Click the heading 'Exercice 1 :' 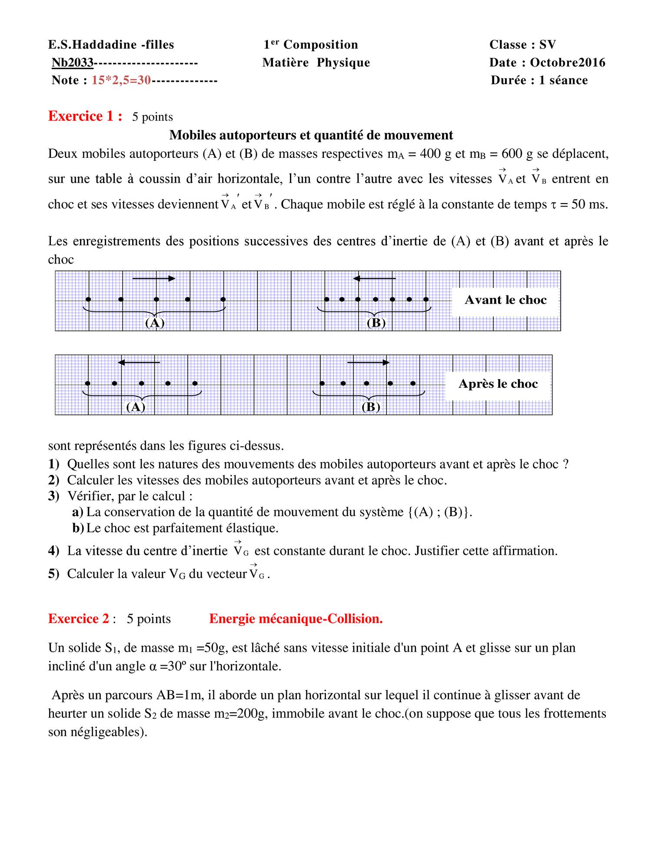click(x=85, y=117)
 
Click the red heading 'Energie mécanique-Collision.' click(x=296, y=619)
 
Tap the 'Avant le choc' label click(x=505, y=300)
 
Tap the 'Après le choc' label click(x=498, y=384)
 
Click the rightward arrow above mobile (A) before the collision click(x=153, y=279)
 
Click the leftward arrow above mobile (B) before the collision click(x=374, y=278)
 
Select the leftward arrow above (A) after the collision click(x=139, y=362)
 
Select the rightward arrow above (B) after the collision click(x=368, y=362)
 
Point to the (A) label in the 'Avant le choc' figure click(x=155, y=323)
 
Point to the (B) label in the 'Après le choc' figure click(x=371, y=407)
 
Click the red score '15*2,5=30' click(x=121, y=80)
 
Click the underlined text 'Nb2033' click(x=73, y=63)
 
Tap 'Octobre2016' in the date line click(x=567, y=63)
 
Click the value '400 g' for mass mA click(x=436, y=154)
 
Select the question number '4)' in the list click(x=53, y=551)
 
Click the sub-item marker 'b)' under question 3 click(x=78, y=528)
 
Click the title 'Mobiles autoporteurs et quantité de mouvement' click(x=311, y=135)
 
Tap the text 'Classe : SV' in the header click(x=522, y=45)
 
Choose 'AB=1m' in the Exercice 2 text click(x=180, y=695)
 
